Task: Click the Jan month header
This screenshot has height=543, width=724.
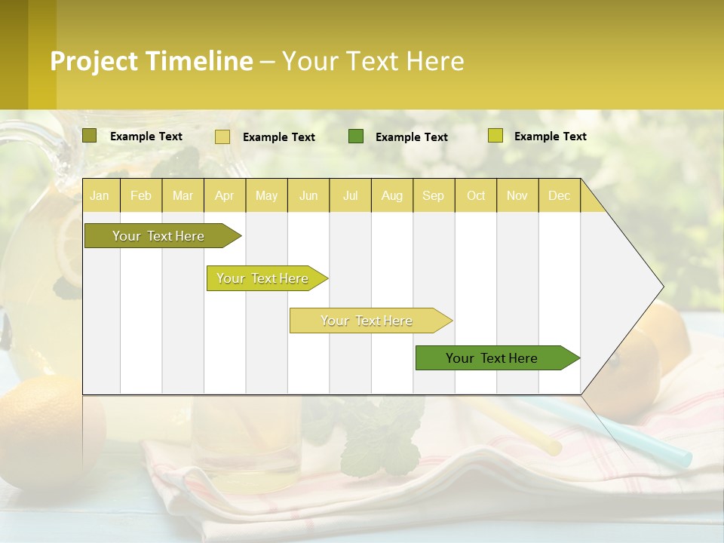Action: pyautogui.click(x=100, y=195)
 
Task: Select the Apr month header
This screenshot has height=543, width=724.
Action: pyautogui.click(x=224, y=195)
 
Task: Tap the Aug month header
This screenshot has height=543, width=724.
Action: pyautogui.click(x=391, y=195)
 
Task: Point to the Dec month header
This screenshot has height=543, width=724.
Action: pyautogui.click(x=559, y=195)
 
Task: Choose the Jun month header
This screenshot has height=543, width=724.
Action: pyautogui.click(x=308, y=195)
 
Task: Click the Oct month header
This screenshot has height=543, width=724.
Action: pyautogui.click(x=475, y=195)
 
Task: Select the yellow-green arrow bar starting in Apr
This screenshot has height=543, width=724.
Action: pyautogui.click(x=264, y=278)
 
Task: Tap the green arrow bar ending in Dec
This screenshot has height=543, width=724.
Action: pyautogui.click(x=494, y=358)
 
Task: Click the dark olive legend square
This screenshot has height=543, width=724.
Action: pyautogui.click(x=90, y=136)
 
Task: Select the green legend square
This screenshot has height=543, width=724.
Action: pyautogui.click(x=356, y=136)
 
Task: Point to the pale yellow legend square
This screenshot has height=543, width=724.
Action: pyautogui.click(x=222, y=137)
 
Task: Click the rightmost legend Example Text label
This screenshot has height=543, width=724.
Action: pyautogui.click(x=550, y=136)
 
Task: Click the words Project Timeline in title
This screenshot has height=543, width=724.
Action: pyautogui.click(x=151, y=61)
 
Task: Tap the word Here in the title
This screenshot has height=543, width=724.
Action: pyautogui.click(x=434, y=61)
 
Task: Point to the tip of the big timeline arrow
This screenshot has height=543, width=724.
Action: pyautogui.click(x=661, y=286)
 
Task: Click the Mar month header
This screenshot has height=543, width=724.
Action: pyautogui.click(x=183, y=195)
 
